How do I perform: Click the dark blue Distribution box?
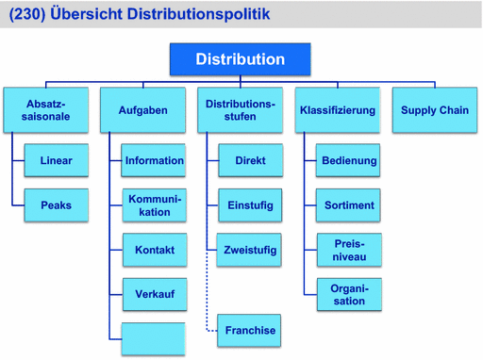(x=240, y=59)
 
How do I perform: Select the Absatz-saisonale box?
(x=46, y=110)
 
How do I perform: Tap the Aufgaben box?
(x=142, y=110)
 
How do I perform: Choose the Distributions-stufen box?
(x=240, y=110)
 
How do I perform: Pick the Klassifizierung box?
(x=337, y=110)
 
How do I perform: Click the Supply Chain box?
(x=434, y=110)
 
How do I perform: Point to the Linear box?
(x=56, y=161)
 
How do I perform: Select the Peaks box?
(x=56, y=205)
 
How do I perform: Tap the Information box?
(x=154, y=161)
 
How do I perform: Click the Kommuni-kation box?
(x=154, y=205)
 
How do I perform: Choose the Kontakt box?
(x=154, y=250)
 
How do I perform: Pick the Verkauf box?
(x=154, y=294)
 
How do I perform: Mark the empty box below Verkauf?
(x=154, y=338)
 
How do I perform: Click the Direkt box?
(x=250, y=161)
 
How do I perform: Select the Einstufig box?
(x=250, y=205)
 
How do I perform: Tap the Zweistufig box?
(x=250, y=250)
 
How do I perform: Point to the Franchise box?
(x=250, y=330)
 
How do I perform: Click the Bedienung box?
(x=349, y=161)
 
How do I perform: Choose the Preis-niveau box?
(x=349, y=250)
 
